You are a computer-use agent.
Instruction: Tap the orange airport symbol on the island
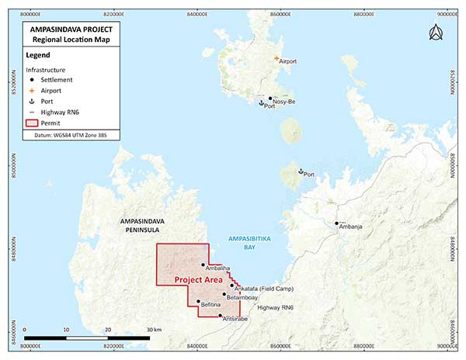276,58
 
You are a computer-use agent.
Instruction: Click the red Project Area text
199,279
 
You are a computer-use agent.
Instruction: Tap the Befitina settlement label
212,306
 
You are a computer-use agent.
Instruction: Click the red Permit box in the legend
32,122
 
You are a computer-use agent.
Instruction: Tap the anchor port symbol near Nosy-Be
262,102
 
